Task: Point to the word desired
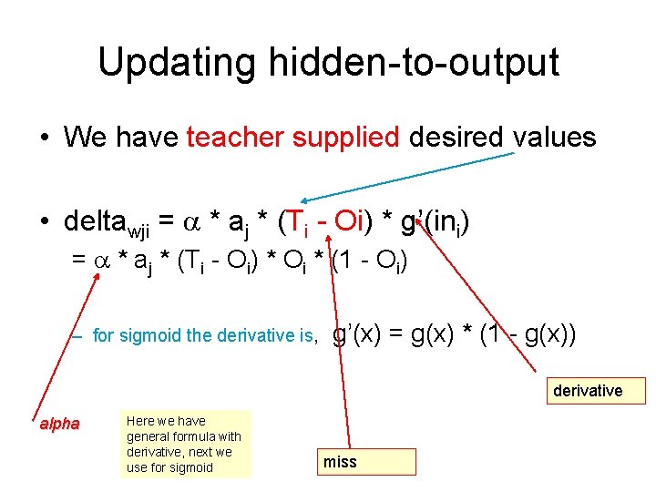[x=456, y=138]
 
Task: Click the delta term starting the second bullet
[x=114, y=221]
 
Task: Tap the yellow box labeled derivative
[x=589, y=391]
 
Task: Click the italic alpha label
[x=59, y=424]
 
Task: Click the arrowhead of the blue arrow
[x=307, y=201]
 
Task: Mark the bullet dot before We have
[x=44, y=139]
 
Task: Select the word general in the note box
[x=147, y=436]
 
